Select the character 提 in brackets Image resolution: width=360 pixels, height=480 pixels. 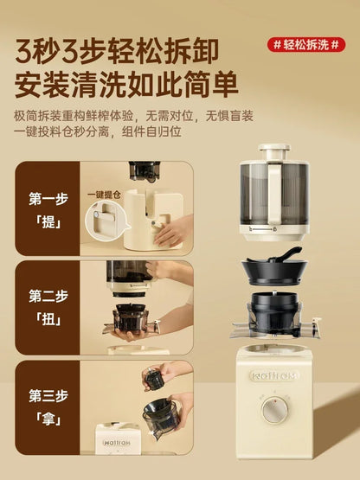[x=48, y=222]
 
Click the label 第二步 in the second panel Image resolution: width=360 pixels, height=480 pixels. [x=48, y=295]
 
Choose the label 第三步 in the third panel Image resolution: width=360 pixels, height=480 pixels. [x=48, y=396]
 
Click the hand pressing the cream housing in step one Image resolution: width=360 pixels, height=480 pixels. [x=174, y=230]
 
